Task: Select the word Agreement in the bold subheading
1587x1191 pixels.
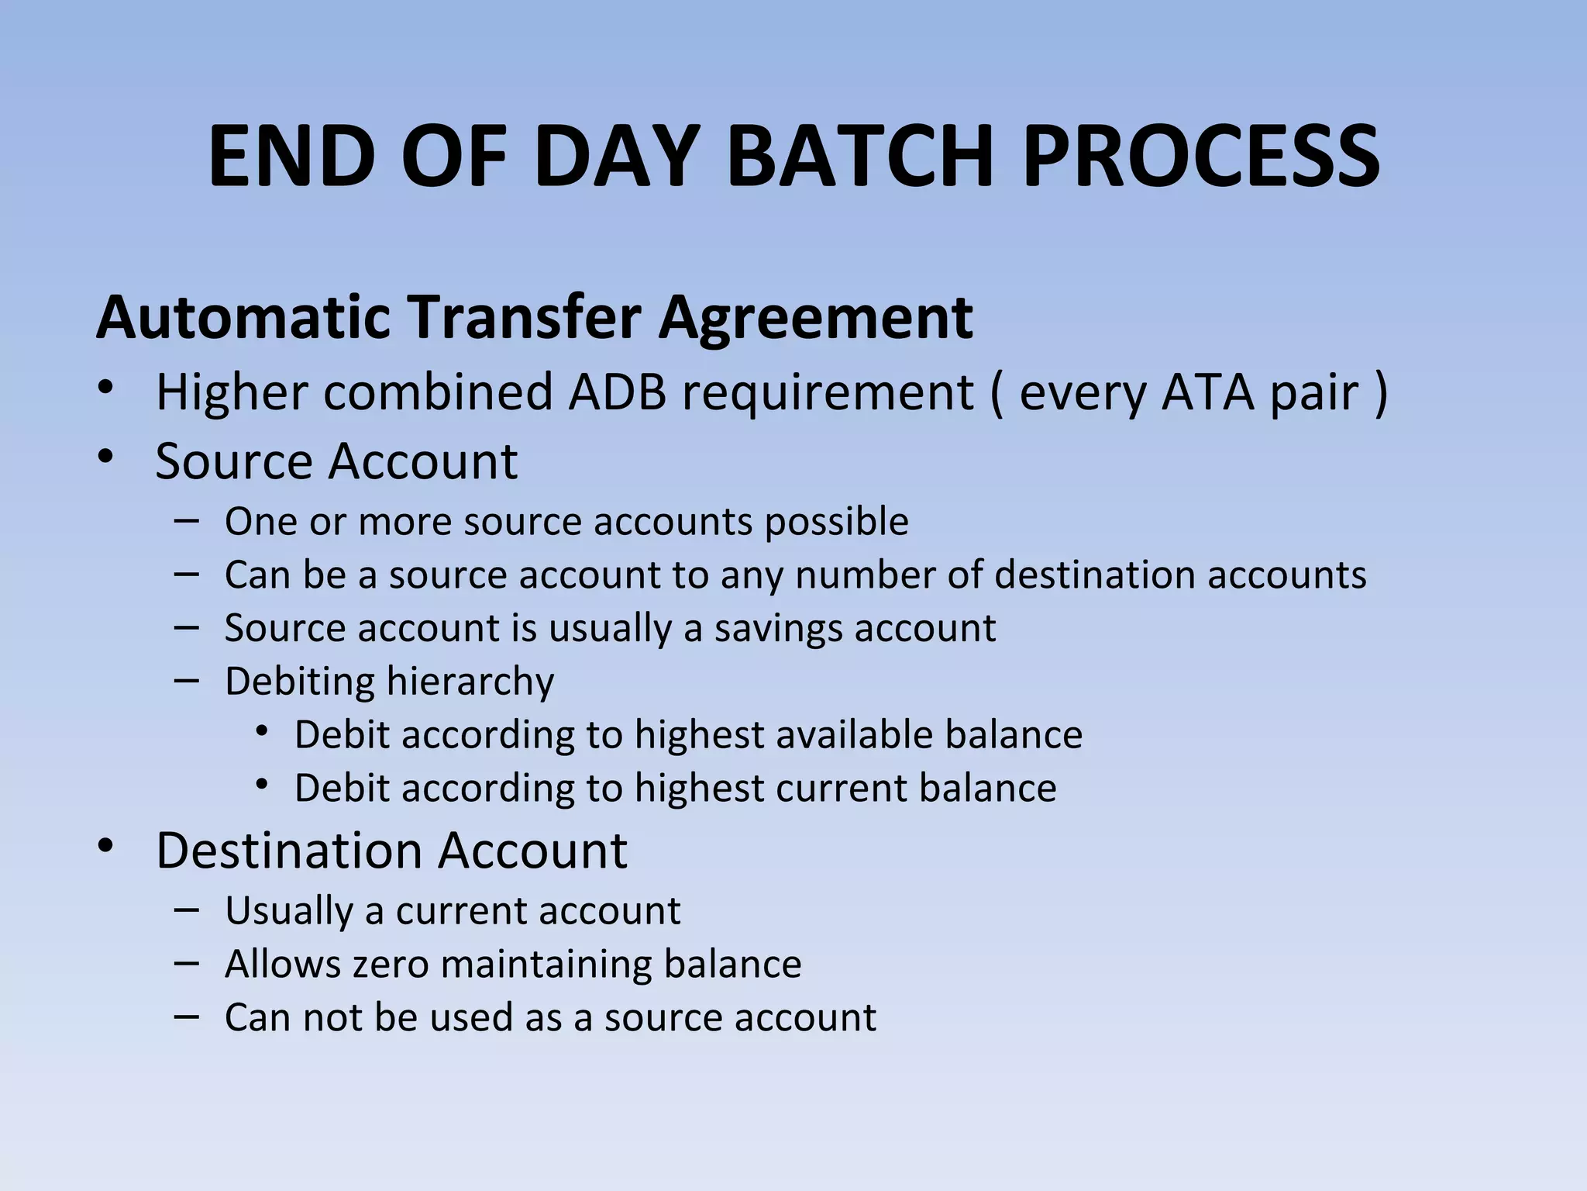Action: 815,317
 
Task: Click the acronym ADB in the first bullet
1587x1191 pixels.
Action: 617,392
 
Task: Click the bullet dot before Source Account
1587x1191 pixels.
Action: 106,457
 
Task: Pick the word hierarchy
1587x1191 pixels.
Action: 470,682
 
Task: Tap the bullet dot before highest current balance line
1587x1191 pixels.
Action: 262,785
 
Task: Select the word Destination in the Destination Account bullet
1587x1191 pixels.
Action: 288,851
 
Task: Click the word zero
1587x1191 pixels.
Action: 391,965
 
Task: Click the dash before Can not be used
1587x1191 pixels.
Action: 187,1016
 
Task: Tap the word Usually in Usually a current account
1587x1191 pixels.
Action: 288,911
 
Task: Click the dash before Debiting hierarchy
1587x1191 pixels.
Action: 187,680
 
